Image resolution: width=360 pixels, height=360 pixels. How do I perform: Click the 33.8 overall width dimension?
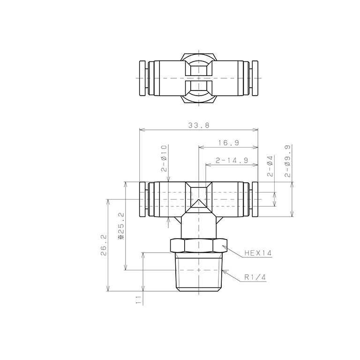pos(199,126)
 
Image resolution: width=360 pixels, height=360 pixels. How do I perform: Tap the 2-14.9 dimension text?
pos(232,160)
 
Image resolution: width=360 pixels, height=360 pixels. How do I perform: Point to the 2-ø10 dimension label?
pos(164,157)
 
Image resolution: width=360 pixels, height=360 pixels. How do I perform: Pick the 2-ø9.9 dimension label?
pos(287,161)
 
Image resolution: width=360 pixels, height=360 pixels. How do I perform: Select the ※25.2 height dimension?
pos(121,225)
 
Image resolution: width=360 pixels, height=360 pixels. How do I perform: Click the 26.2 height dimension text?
pos(104,245)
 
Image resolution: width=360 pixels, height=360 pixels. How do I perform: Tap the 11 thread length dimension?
pos(138,300)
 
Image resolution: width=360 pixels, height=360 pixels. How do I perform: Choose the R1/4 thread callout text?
pos(255,277)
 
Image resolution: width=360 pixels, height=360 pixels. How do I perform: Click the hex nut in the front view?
pos(199,246)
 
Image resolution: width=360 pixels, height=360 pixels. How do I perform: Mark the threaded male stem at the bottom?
pos(199,273)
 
